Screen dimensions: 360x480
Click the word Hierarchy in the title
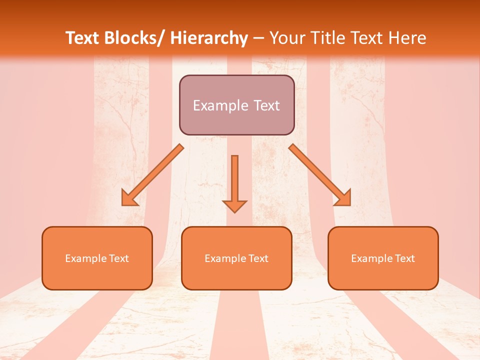[x=209, y=38]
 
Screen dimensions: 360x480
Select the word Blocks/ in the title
[x=136, y=38]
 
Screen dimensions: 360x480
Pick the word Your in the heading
[x=286, y=38]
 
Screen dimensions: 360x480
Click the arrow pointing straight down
[x=234, y=180]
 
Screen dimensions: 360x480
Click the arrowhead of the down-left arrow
[x=129, y=198]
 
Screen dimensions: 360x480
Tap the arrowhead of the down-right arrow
[x=343, y=198]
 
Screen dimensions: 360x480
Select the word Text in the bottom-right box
[x=404, y=258]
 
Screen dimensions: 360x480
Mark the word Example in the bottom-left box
[x=85, y=258]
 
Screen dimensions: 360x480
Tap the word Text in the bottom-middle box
[x=258, y=258]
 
